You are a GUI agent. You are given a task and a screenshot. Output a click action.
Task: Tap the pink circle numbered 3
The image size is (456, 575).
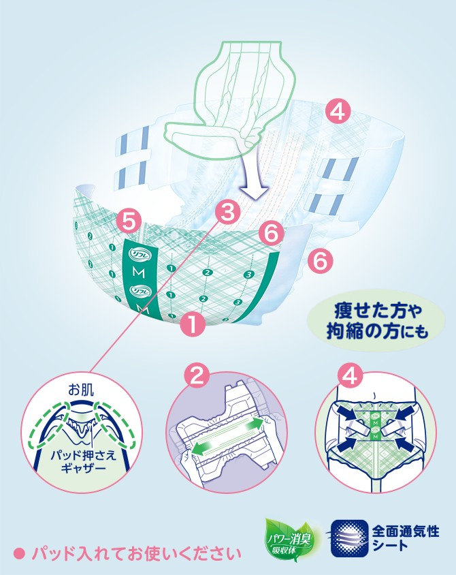pyautogui.click(x=228, y=211)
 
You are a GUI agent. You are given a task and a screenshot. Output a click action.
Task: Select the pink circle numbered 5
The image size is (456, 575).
pyautogui.click(x=129, y=220)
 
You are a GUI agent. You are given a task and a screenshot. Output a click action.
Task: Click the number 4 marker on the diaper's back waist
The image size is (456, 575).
pyautogui.click(x=338, y=110)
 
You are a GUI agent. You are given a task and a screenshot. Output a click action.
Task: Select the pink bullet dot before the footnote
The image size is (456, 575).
pyautogui.click(x=20, y=553)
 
